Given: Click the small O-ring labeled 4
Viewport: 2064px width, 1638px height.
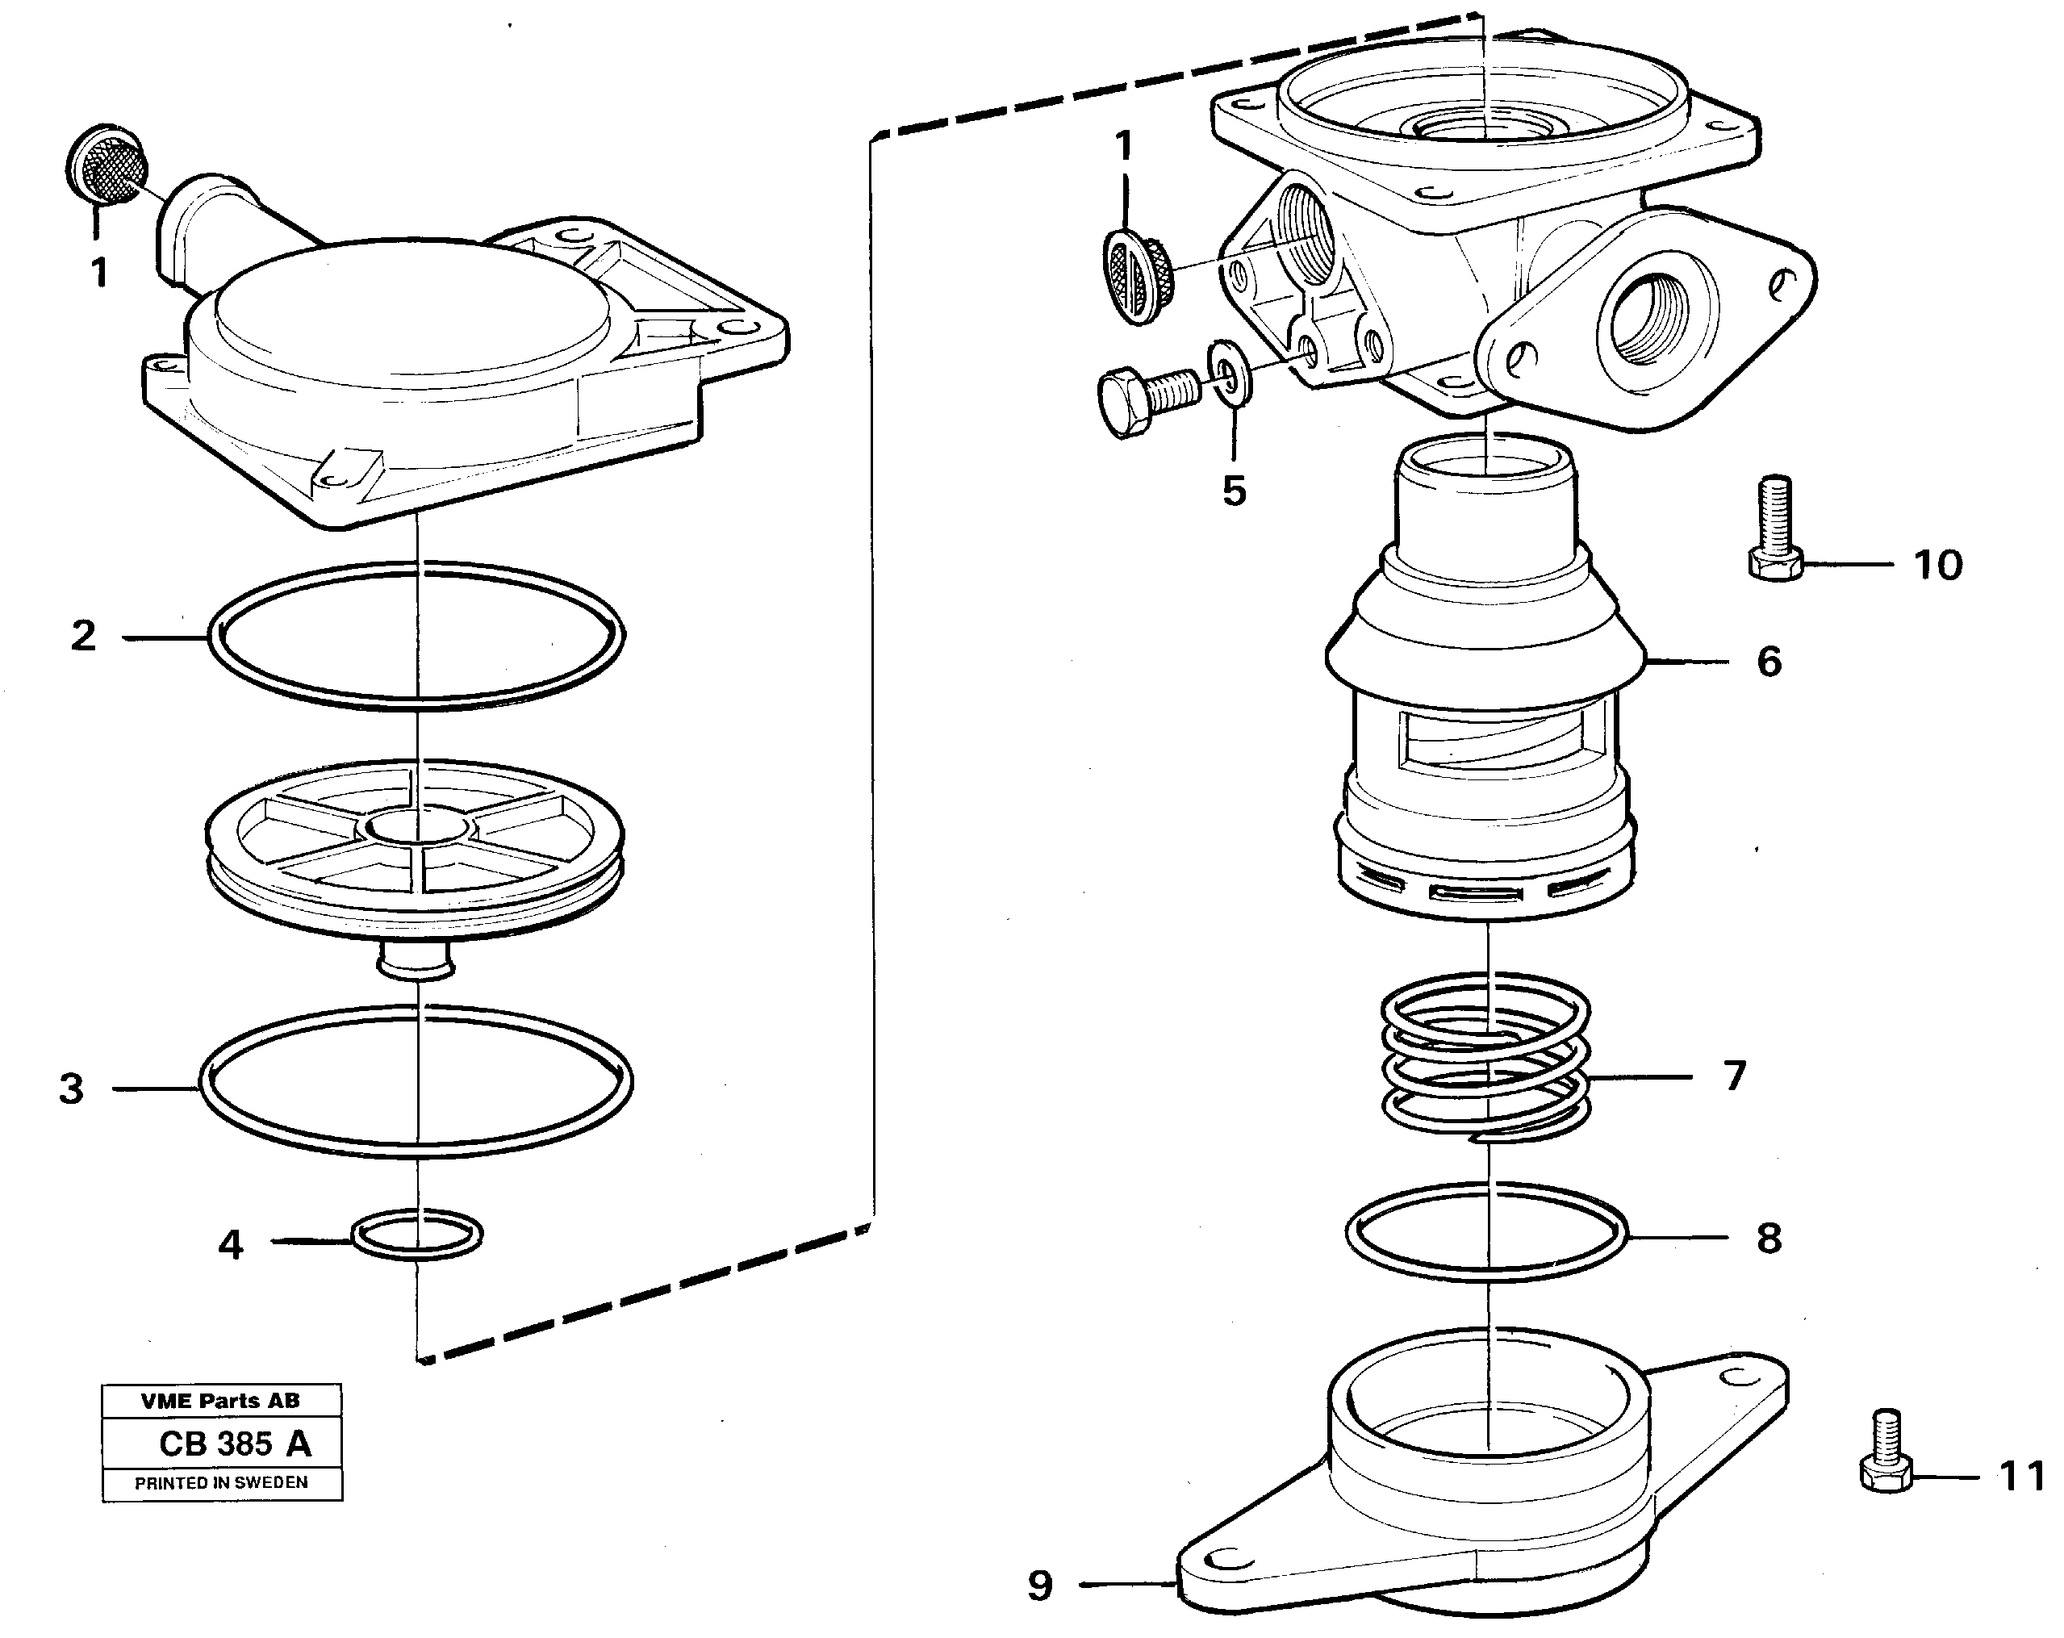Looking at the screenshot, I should pyautogui.click(x=417, y=1235).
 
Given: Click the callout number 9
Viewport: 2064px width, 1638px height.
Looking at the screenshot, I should pyautogui.click(x=1041, y=1586).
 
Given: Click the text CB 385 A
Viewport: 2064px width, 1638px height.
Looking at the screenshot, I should pyautogui.click(x=235, y=1444).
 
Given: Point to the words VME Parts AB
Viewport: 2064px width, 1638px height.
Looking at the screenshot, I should pyautogui.click(x=220, y=1402).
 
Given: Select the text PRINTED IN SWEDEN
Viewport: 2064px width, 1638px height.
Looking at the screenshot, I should pyautogui.click(x=221, y=1483).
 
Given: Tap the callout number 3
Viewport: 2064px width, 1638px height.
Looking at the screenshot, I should pyautogui.click(x=72, y=1089).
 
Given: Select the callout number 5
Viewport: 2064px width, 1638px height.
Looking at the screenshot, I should pyautogui.click(x=1234, y=491).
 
